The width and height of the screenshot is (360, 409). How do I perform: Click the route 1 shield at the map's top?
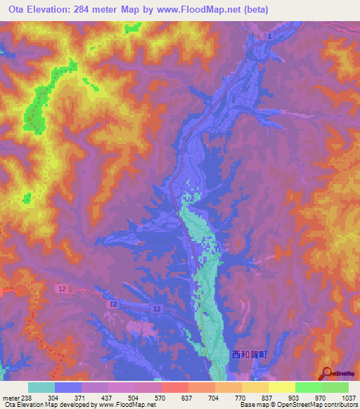pyautogui.click(x=269, y=35)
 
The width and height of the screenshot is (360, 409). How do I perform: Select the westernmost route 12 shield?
pyautogui.click(x=62, y=289)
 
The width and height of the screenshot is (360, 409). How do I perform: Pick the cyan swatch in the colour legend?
pyautogui.click(x=41, y=388)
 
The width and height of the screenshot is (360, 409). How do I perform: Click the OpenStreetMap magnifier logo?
pyautogui.click(x=326, y=372)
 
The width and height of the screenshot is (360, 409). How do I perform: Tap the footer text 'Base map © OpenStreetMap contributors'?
pyautogui.click(x=297, y=404)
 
